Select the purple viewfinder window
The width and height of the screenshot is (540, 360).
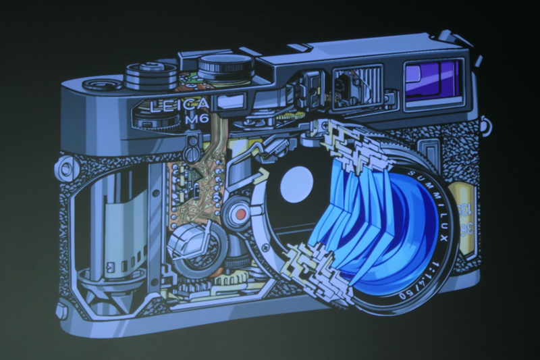[433, 80]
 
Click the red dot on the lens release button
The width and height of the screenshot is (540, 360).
[239, 215]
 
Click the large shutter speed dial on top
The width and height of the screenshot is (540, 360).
[225, 66]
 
